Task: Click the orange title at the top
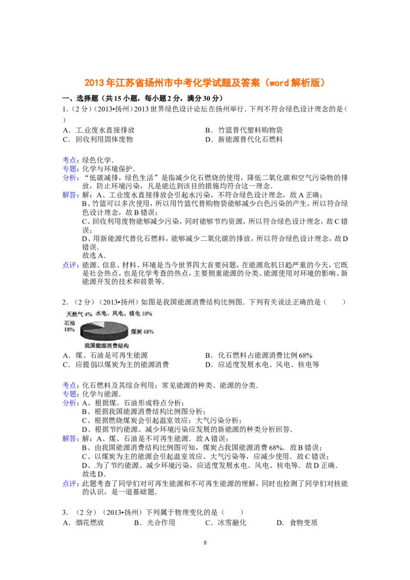click(204, 83)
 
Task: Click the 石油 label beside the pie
click(69, 323)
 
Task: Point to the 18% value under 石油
click(69, 330)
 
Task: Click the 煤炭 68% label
click(141, 332)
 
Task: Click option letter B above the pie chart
click(209, 130)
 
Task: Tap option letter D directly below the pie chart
click(209, 365)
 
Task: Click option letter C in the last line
click(209, 523)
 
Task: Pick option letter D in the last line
click(280, 523)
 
